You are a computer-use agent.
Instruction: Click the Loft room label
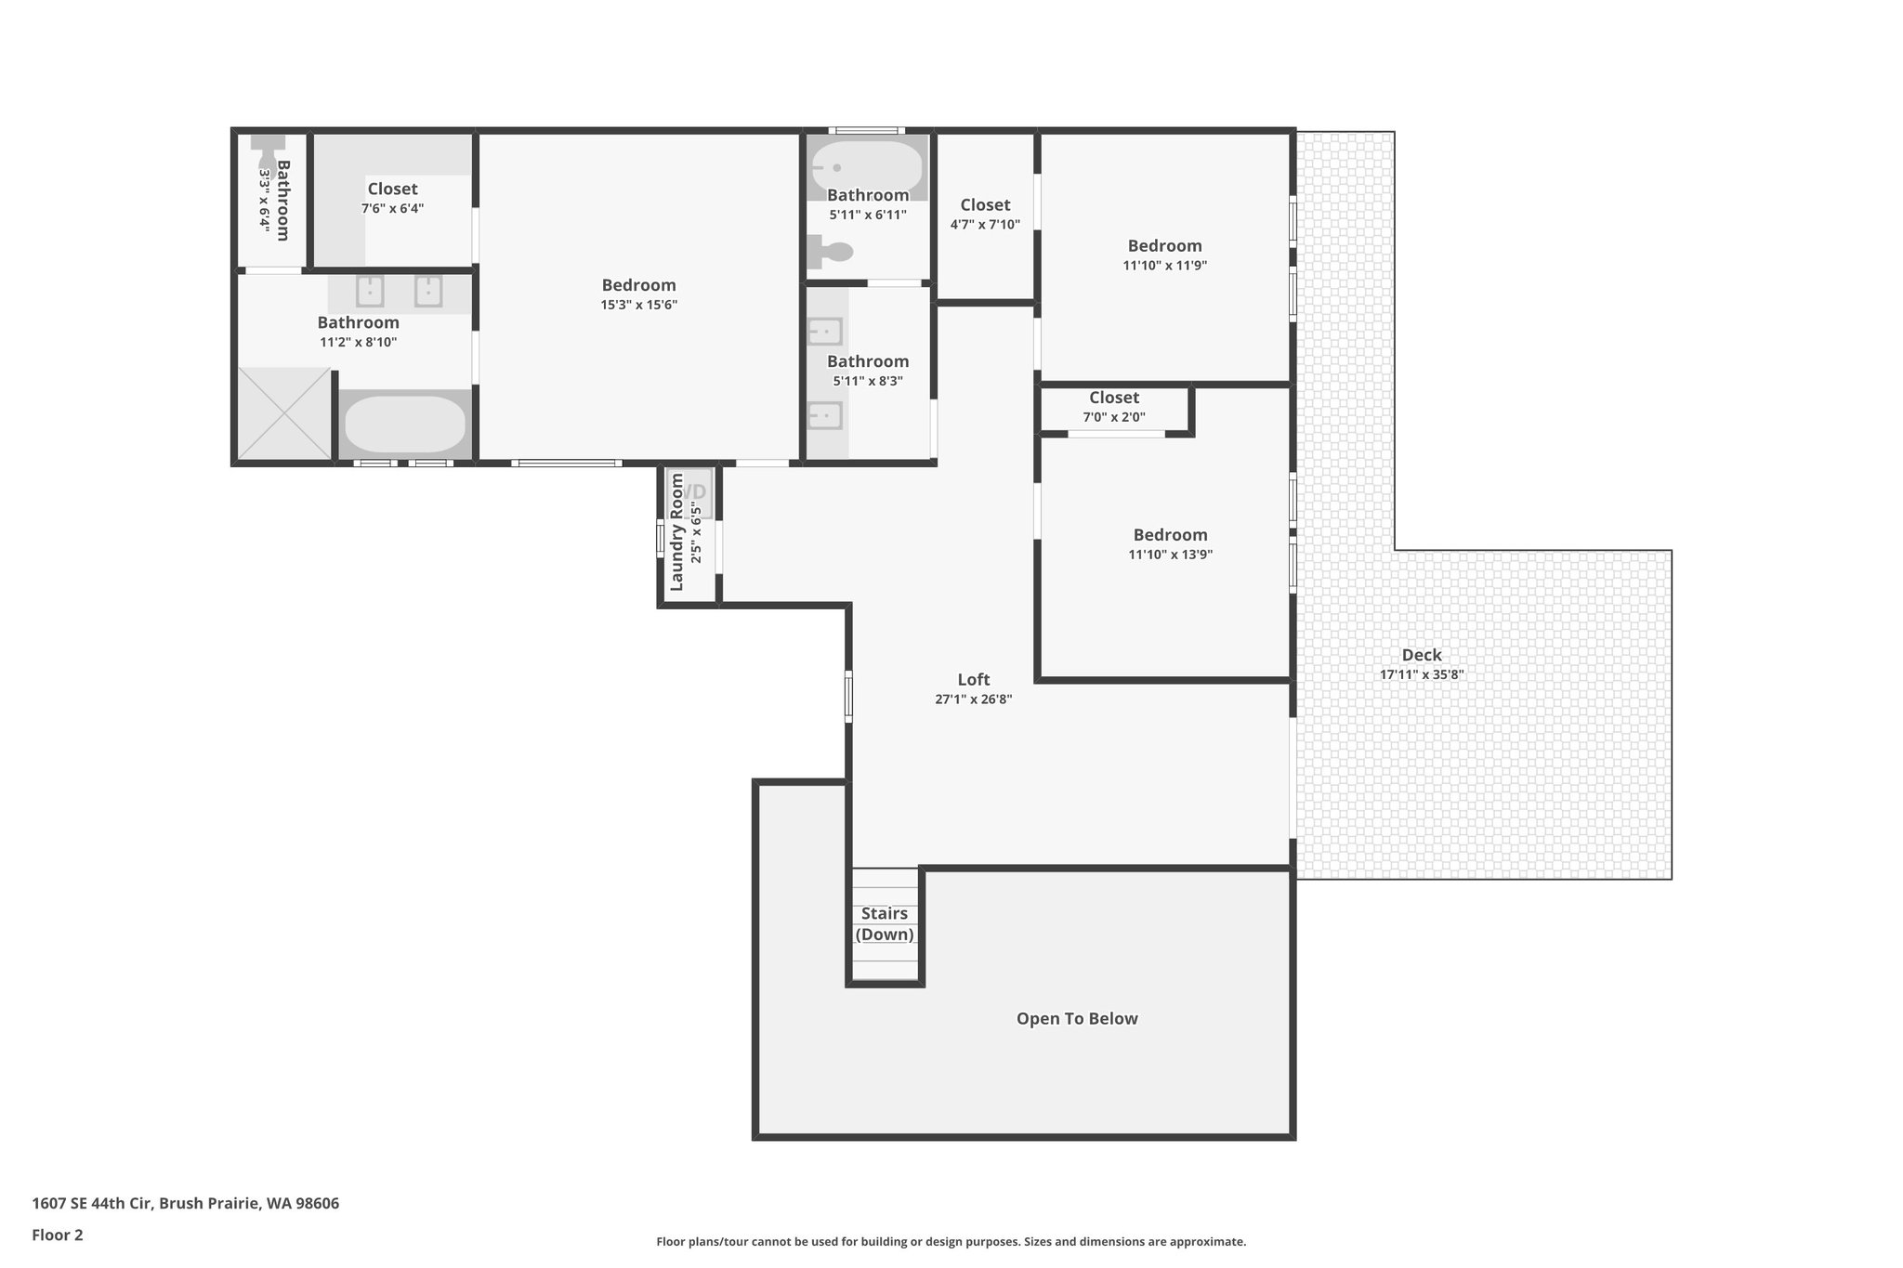974,679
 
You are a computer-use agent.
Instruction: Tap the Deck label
1422,655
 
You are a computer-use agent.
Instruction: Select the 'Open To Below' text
1077,1018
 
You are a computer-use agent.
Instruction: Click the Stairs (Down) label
885,923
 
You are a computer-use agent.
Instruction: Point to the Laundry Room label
676,532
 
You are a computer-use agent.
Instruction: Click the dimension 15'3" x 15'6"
639,305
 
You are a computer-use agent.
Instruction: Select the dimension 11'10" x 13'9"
1171,555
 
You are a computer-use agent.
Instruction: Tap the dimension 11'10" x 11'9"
1165,266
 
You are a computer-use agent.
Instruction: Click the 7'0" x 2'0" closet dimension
1114,418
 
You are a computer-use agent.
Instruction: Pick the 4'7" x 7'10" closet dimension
985,225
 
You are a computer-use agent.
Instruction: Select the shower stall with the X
284,413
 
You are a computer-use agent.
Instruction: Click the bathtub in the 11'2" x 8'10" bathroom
405,425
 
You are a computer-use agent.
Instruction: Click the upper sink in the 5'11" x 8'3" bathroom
824,332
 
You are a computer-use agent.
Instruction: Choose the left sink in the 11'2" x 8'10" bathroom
370,292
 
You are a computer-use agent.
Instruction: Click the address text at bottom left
186,1204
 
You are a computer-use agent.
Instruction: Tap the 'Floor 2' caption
58,1235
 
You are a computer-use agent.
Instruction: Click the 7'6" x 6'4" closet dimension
393,209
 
